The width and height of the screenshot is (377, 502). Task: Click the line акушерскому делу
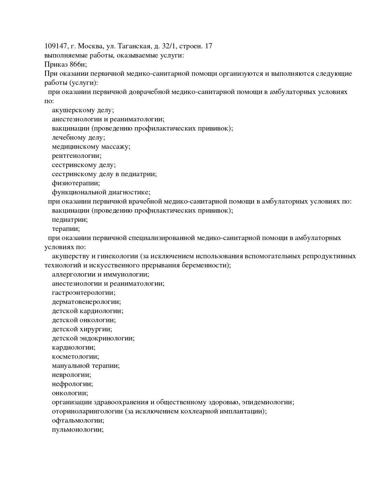tap(83, 110)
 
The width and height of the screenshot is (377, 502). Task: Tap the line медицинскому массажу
tap(91, 147)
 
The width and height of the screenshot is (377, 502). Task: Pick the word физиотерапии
tap(76, 183)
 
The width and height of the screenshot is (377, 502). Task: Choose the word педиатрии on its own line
tap(70, 220)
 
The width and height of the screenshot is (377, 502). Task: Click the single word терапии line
tap(66, 229)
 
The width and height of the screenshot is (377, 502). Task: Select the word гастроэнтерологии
tap(84, 293)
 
